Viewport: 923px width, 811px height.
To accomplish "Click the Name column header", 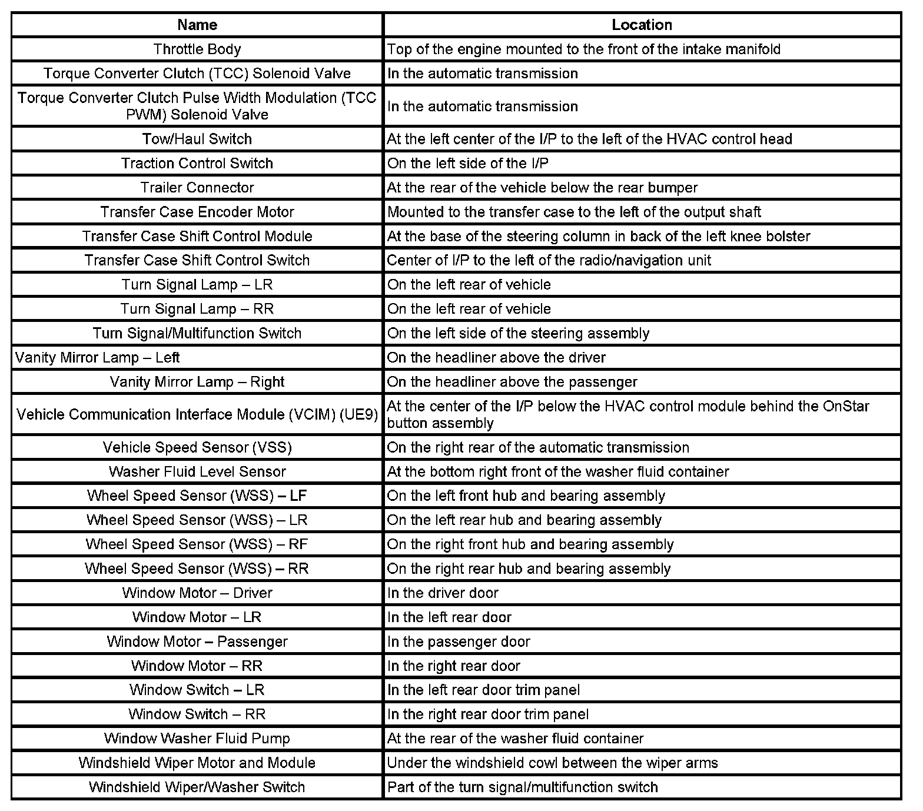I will click(197, 25).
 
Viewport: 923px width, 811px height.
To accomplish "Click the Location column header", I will click(642, 25).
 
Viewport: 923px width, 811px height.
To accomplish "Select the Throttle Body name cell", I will click(197, 49).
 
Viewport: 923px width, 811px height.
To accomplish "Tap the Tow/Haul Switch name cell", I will click(197, 139).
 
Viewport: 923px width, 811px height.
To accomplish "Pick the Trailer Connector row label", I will click(197, 188).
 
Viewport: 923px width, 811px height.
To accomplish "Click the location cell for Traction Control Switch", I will click(468, 163).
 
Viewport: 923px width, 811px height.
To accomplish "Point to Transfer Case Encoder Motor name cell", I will click(197, 212).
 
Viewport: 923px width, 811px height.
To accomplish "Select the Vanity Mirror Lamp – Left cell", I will click(98, 358).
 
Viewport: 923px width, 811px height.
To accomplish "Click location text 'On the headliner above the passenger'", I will click(512, 382).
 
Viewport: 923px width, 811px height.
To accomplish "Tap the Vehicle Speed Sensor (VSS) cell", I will click(197, 447).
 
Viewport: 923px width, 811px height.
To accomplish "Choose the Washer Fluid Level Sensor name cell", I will click(197, 472).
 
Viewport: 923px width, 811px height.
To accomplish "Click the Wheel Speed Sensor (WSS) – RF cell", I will click(197, 544).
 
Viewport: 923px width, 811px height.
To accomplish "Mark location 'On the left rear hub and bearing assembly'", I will click(524, 520).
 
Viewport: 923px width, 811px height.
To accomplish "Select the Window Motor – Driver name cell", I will click(197, 593).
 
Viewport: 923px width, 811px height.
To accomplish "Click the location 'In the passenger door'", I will click(459, 642).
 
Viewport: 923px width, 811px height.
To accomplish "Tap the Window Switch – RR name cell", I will click(197, 714).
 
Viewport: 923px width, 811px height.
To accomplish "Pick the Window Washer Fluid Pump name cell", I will click(197, 739).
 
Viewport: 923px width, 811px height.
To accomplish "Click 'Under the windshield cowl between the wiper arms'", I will click(552, 763).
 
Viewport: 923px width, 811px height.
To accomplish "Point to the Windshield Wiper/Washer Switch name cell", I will click(197, 787).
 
